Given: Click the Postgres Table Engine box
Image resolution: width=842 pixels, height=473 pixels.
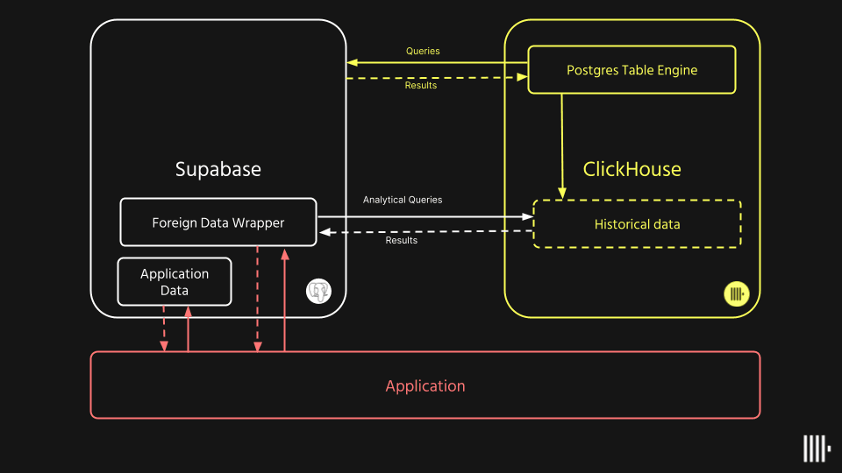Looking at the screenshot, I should tap(631, 70).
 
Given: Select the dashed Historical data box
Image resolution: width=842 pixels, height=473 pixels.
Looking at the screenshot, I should tap(638, 224).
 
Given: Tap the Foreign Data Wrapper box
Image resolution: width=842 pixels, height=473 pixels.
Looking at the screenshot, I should tap(218, 222).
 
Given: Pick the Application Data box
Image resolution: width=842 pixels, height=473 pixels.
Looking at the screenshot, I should tap(175, 282).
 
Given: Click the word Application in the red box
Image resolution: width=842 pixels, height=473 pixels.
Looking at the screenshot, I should tap(425, 386).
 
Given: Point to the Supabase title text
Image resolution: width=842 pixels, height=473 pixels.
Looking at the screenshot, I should tap(218, 169).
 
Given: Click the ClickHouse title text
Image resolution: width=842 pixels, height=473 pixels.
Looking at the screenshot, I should tap(631, 169).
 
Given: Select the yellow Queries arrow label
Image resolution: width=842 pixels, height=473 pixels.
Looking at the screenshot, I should tap(423, 51).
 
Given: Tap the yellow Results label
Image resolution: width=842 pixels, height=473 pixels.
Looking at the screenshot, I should tap(421, 86).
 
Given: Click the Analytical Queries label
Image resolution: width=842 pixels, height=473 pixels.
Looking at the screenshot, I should tap(403, 200).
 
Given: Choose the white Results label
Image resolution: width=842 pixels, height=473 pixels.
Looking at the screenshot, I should tap(402, 240).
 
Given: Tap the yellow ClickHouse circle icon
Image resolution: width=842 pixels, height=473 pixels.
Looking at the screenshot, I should tap(736, 293).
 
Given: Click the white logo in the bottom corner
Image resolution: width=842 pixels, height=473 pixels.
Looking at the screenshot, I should tap(816, 448).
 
